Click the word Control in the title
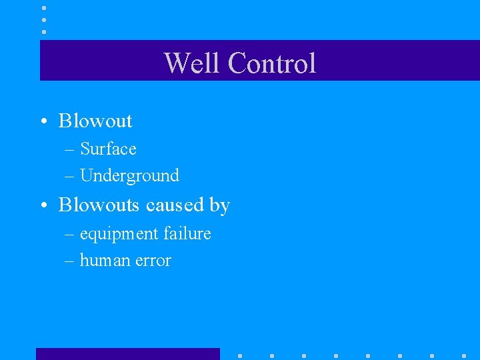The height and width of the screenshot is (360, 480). point(271,63)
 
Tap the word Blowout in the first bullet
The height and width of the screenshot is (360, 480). point(95,121)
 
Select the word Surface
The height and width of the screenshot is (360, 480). point(108,149)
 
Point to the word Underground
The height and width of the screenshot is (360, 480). point(129,176)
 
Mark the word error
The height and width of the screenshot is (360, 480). point(153,261)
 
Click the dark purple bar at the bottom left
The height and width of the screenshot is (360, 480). point(127,353)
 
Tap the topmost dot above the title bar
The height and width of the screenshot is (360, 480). point(44,8)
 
